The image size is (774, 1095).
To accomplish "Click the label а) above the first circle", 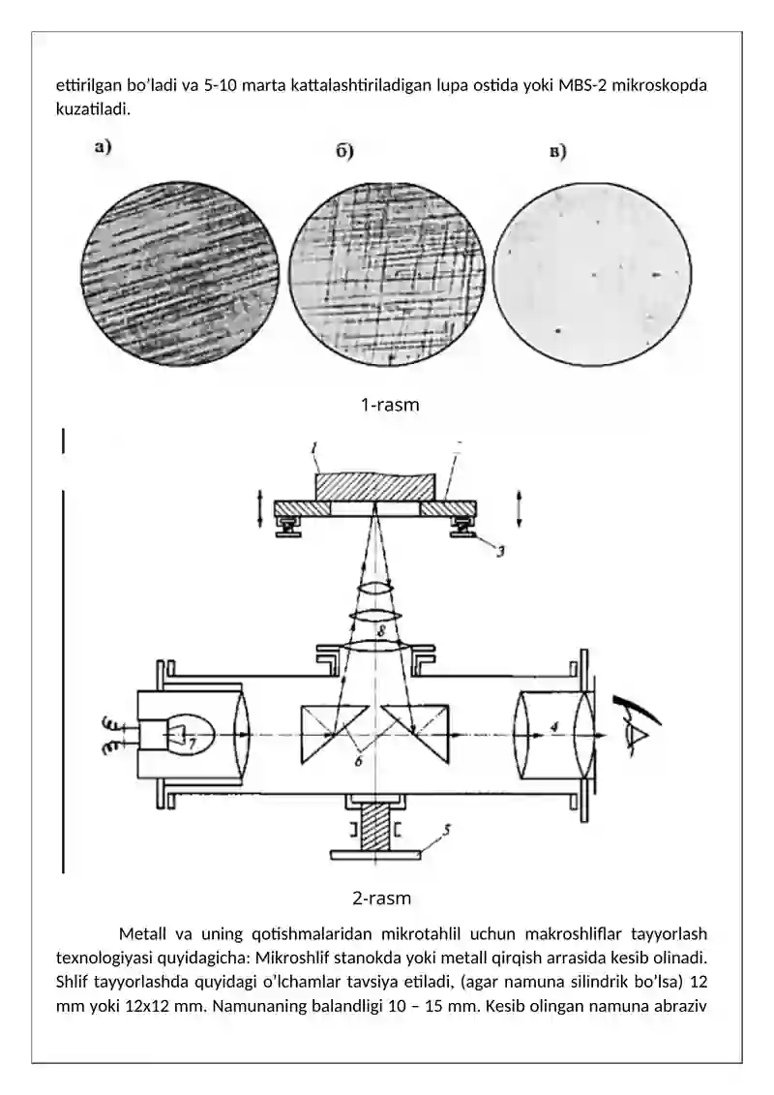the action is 103,147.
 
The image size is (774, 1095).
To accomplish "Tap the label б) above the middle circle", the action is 344,152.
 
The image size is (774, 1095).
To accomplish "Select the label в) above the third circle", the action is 557,152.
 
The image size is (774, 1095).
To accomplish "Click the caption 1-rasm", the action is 390,405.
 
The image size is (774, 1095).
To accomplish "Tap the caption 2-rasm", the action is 381,897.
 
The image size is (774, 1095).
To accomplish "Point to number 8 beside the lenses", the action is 380,632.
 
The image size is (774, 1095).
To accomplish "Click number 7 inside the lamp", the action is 193,744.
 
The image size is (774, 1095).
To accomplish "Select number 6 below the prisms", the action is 358,760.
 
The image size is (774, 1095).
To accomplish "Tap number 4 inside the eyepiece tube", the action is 554,726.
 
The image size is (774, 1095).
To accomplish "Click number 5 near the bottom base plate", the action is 447,829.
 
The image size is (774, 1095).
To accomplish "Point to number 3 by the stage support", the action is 500,551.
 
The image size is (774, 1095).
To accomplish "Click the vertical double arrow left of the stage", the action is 259,508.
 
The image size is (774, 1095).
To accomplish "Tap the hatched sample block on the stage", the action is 376,487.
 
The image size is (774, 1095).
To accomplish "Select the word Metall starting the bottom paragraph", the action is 142,933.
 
